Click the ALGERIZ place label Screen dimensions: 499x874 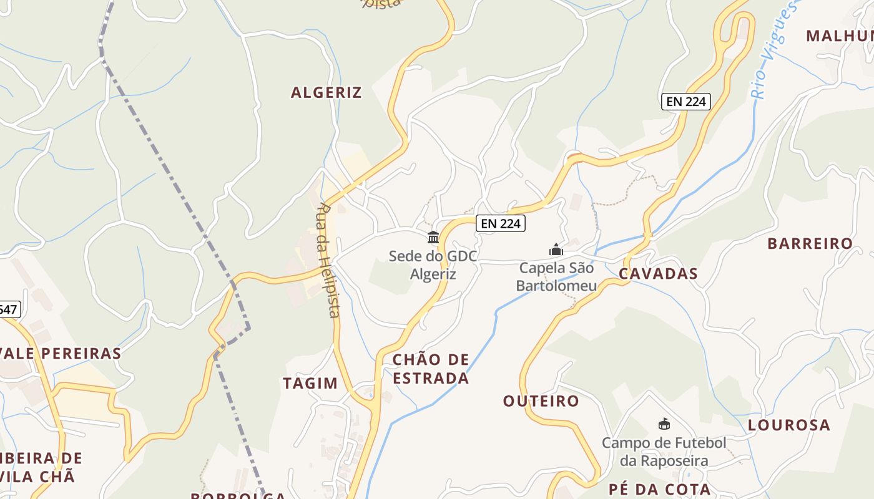[326, 92]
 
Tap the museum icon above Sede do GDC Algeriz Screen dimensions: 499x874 [433, 237]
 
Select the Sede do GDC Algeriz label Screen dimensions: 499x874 [433, 265]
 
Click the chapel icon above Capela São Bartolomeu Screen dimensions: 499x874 [556, 250]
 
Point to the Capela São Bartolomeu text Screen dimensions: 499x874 [556, 277]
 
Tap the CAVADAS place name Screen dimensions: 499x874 [659, 274]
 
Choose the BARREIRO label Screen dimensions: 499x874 [810, 243]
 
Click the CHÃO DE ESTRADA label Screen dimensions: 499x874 [431, 369]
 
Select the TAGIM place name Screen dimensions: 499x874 [310, 383]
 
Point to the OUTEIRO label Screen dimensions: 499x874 [541, 400]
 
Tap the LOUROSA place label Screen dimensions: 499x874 [789, 425]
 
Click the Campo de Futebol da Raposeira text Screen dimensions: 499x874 [664, 452]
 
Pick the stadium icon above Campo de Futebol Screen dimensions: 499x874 [664, 424]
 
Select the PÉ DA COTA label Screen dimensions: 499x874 [660, 489]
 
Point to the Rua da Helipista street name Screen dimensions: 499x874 [328, 260]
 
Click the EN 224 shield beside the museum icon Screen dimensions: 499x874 [501, 223]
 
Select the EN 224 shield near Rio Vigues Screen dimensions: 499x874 [686, 101]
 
